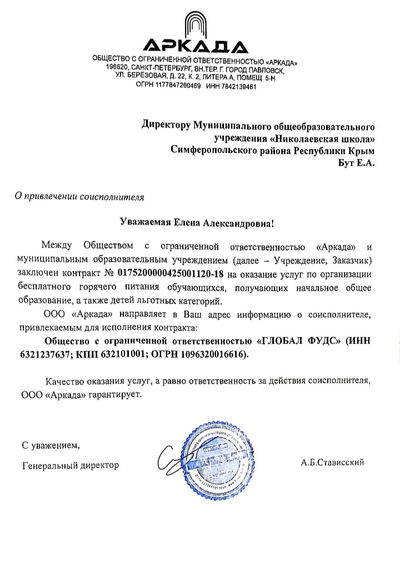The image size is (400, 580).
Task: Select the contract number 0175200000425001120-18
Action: [168, 274]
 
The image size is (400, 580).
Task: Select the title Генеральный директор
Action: [71, 465]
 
